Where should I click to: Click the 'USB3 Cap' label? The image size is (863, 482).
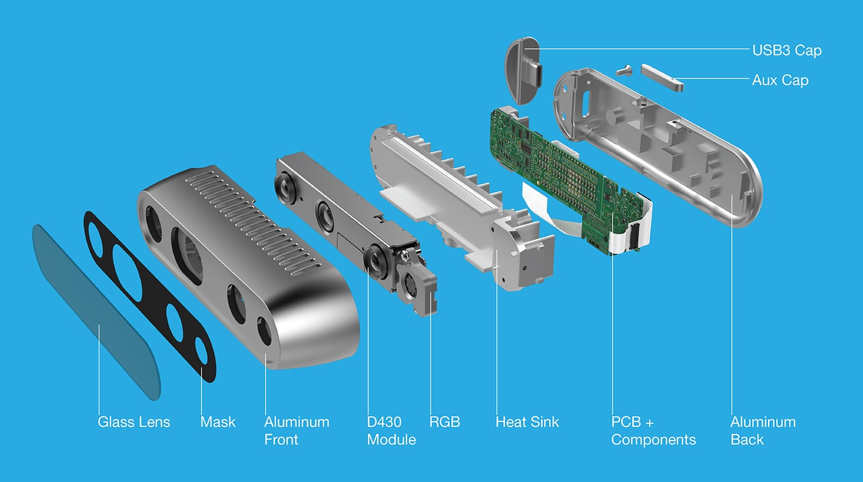(787, 50)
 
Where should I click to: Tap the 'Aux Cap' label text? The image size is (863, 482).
(780, 80)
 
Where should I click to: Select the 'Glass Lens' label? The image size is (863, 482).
(134, 422)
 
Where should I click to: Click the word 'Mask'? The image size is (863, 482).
(218, 422)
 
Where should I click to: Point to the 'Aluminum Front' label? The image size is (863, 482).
(297, 431)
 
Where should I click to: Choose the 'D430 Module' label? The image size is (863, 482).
(391, 431)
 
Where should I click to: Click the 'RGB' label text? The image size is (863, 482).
(444, 422)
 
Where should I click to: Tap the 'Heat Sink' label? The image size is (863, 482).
(527, 422)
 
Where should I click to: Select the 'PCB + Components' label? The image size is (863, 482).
(653, 431)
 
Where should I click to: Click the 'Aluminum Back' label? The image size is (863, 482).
(763, 431)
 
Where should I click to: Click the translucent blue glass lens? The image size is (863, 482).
(92, 308)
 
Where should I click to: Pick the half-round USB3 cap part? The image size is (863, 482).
(523, 71)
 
